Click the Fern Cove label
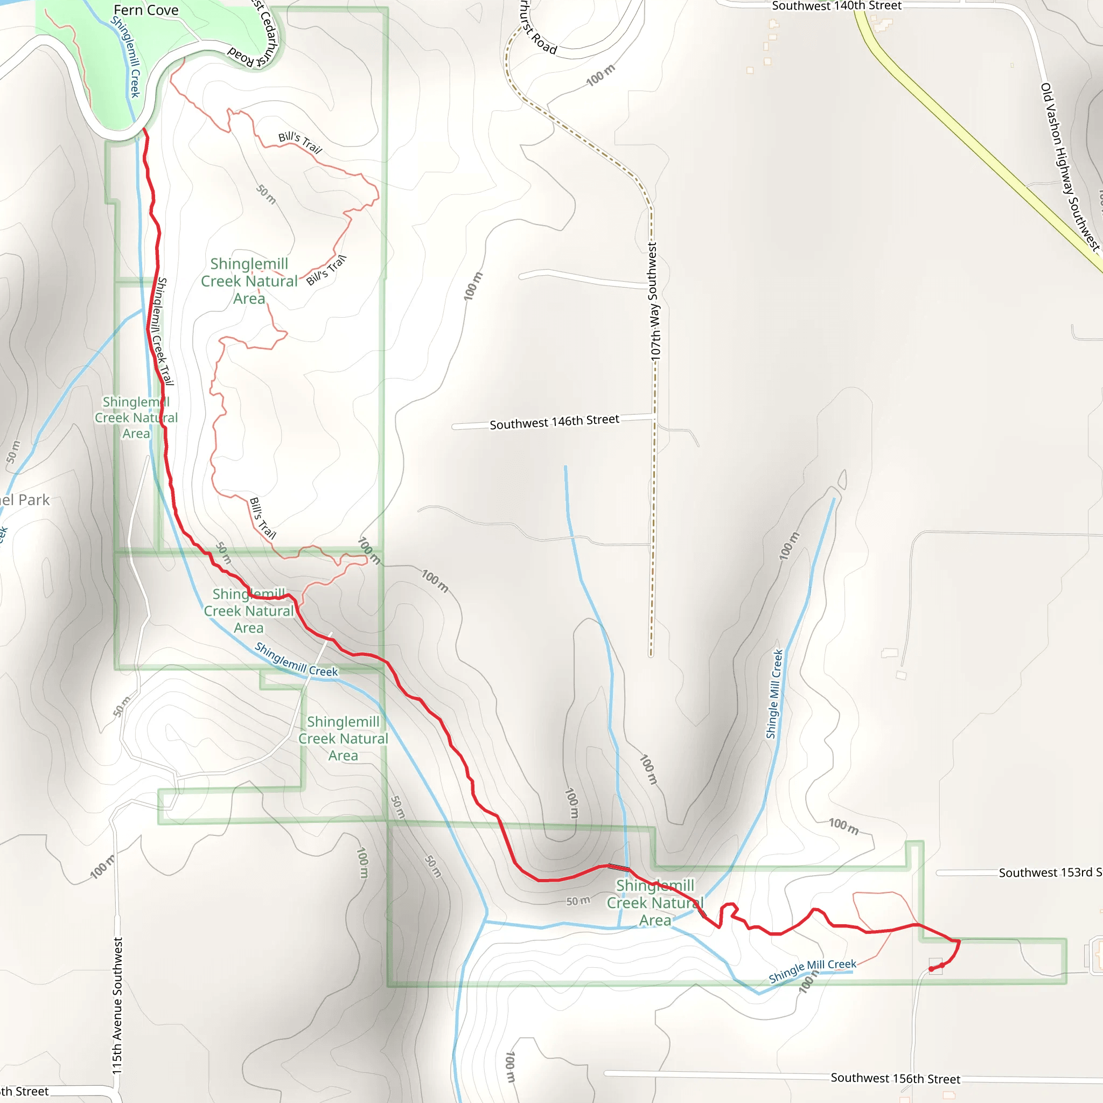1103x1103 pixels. (x=145, y=10)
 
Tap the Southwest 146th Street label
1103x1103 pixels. (x=554, y=422)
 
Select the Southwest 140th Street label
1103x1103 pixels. (x=836, y=6)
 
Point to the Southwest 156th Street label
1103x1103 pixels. (x=895, y=1078)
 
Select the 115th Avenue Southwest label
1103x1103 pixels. (x=117, y=1006)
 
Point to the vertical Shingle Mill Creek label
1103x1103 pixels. (x=774, y=694)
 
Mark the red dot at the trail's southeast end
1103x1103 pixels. (x=931, y=969)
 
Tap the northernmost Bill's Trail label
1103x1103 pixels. (x=301, y=143)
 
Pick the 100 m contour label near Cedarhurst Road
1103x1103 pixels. (x=600, y=75)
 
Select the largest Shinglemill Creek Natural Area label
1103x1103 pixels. (x=249, y=281)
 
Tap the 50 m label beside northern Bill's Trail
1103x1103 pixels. (x=266, y=194)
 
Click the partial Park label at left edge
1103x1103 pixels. (x=25, y=500)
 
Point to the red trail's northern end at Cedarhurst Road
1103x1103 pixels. (x=144, y=130)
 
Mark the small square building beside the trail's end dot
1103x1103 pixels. (x=936, y=966)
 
